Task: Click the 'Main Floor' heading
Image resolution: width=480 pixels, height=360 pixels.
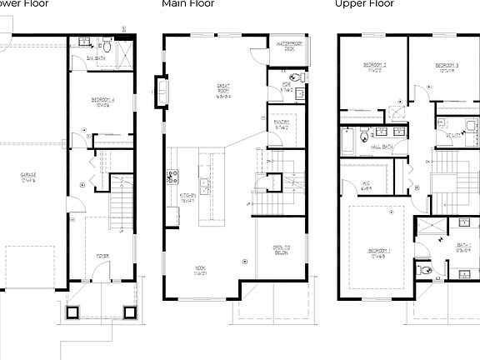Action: point(187,4)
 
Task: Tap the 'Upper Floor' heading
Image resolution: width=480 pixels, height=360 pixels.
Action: point(363,4)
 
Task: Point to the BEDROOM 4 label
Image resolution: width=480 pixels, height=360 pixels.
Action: point(105,102)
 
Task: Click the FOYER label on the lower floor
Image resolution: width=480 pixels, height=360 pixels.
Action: point(102,256)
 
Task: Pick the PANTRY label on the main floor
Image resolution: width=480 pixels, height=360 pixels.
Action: point(281,123)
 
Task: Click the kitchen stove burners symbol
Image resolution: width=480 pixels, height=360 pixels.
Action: point(172,176)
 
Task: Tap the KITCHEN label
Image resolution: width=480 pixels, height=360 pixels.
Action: point(188,197)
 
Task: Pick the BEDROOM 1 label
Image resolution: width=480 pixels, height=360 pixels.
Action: point(377,252)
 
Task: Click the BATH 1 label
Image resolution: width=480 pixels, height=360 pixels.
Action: point(463,249)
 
